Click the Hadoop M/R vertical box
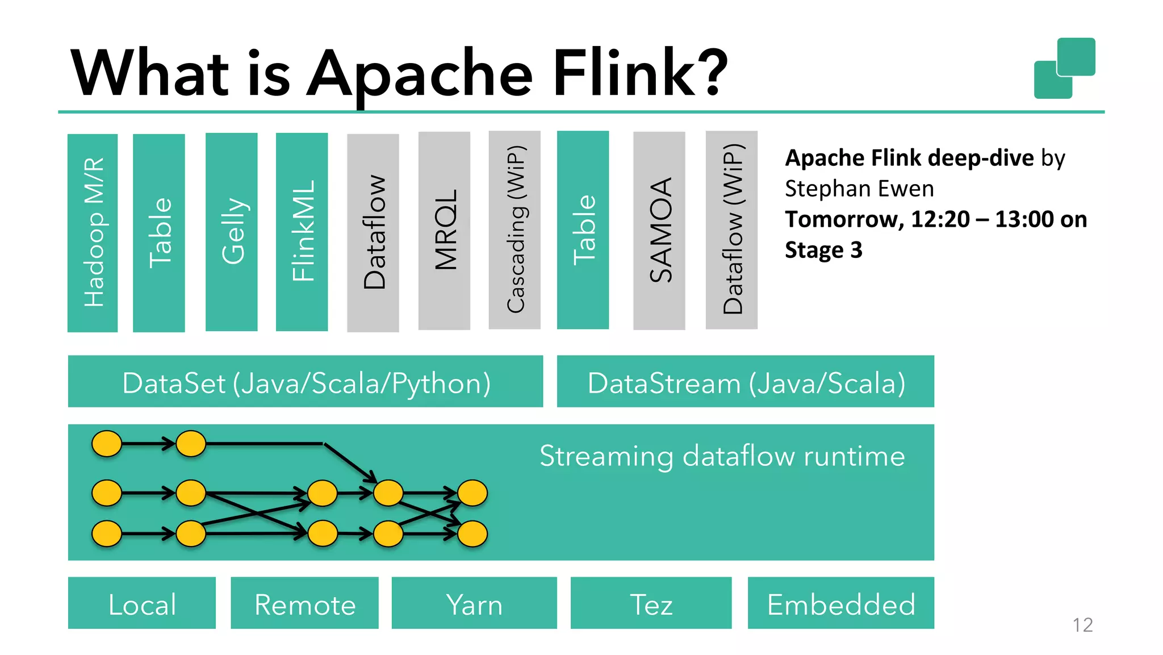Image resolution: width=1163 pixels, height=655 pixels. [x=93, y=233]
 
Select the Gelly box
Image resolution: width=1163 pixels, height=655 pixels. [x=232, y=232]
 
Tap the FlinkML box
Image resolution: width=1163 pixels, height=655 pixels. [x=302, y=232]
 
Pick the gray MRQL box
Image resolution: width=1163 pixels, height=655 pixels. [x=444, y=231]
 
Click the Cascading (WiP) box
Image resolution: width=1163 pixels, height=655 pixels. [x=514, y=230]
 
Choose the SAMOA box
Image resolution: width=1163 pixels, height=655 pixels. [x=659, y=231]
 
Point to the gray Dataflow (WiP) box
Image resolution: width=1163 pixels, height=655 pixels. [x=731, y=230]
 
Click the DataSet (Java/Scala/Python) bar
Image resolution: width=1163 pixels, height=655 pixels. [x=306, y=382]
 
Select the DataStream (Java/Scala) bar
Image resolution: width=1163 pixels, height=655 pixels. [x=745, y=382]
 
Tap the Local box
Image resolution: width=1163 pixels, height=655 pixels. [x=142, y=603]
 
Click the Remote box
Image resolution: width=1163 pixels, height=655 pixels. [x=304, y=603]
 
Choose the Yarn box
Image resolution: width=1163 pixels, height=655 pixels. [x=474, y=603]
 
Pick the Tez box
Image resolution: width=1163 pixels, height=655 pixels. [x=651, y=603]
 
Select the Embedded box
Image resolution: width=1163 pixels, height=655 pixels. [x=840, y=603]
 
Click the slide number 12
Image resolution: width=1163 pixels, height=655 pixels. [x=1082, y=625]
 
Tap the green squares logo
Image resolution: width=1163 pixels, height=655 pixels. [x=1065, y=68]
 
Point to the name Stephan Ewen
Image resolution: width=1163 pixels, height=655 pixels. [x=859, y=189]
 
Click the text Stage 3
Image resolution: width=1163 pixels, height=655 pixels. [x=823, y=250]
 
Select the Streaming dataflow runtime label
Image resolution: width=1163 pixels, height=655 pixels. [x=722, y=456]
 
